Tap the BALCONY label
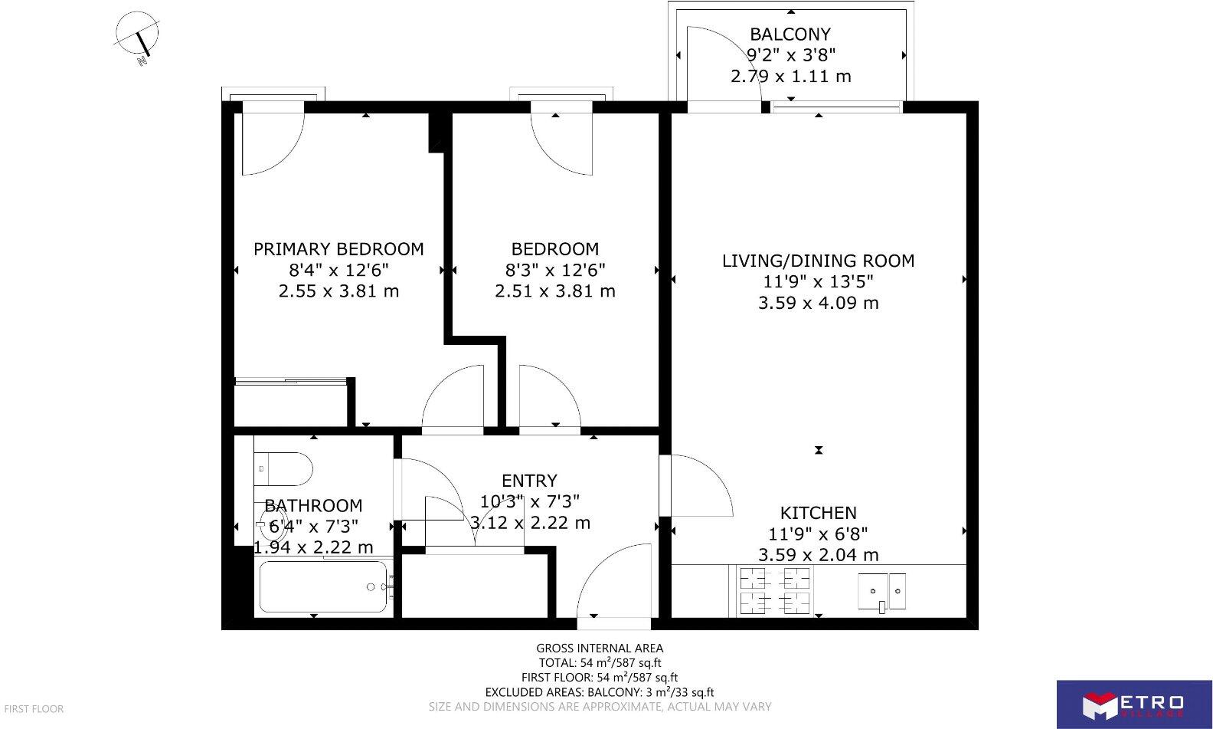pos(790,34)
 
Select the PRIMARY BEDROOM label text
pos(338,249)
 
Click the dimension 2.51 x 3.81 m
pos(555,291)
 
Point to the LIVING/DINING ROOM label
pos(818,261)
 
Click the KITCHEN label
pos(818,513)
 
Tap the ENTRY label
pos(529,481)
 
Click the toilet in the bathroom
pos(285,468)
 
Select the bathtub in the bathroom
pos(322,587)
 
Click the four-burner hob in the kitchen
pos(774,591)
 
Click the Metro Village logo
pos(1133,704)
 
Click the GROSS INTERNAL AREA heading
pos(600,649)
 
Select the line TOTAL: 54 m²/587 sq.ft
pos(600,663)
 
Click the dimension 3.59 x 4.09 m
pos(818,303)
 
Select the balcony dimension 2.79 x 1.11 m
pos(790,77)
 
